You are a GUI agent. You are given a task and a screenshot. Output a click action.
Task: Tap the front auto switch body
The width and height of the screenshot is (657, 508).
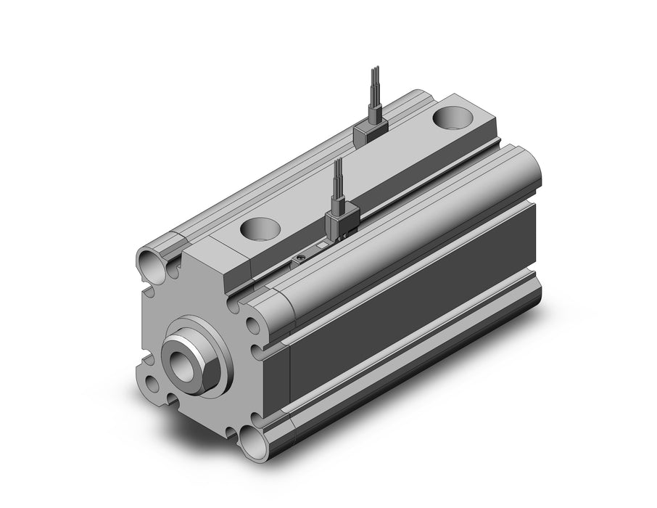(x=340, y=222)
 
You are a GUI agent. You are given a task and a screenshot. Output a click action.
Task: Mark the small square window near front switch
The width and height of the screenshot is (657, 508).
(x=321, y=248)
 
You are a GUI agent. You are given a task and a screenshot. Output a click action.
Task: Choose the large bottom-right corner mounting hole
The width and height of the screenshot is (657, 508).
(x=255, y=441)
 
